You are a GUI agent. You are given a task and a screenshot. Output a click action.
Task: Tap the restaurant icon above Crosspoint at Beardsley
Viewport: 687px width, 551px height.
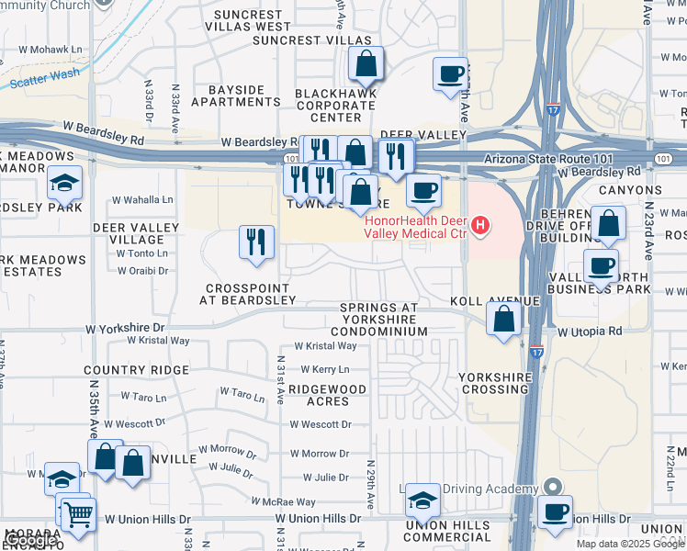tap(256, 242)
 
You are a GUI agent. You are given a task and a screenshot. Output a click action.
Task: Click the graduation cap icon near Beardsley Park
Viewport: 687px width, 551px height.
tap(64, 183)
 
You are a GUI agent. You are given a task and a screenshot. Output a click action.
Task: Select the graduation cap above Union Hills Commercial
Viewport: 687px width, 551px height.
tap(422, 500)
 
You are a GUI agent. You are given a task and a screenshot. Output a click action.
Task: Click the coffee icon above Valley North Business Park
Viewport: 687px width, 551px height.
tap(601, 266)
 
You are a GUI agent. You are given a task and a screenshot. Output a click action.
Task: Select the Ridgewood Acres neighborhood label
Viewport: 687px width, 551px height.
tap(327, 395)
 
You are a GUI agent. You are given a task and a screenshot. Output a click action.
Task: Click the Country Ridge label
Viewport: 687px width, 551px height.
tap(136, 370)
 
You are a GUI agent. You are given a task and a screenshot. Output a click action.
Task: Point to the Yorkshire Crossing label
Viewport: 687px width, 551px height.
tap(493, 383)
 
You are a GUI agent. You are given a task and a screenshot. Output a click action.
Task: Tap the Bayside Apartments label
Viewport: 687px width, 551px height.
tap(237, 96)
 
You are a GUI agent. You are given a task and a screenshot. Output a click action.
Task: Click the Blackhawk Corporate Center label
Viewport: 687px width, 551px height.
tap(335, 106)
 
